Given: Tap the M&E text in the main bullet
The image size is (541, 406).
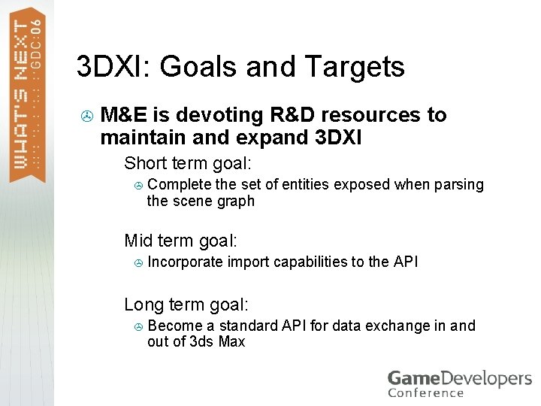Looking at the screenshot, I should [x=124, y=115].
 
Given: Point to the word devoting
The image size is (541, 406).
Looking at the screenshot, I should [x=217, y=115].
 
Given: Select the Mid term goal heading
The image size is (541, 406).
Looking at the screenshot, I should [x=180, y=241].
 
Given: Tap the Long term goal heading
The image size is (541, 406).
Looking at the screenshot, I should [x=186, y=304].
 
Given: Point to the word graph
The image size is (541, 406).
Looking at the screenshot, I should [x=237, y=201].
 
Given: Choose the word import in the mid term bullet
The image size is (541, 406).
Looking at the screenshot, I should [x=247, y=262].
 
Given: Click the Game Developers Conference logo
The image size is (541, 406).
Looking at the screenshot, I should [x=458, y=383].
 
